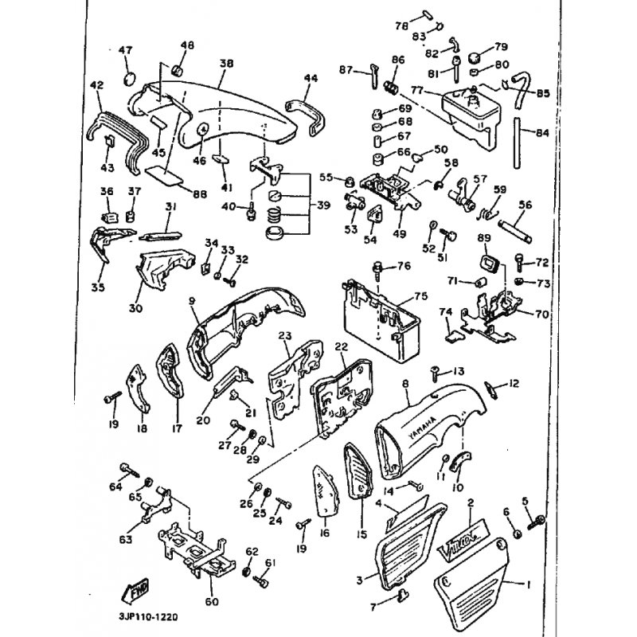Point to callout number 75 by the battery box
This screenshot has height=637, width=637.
pyautogui.click(x=421, y=296)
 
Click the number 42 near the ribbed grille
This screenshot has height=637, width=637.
pyautogui.click(x=97, y=84)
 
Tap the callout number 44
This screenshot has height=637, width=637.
pyautogui.click(x=311, y=77)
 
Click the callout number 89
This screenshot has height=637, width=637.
pyautogui.click(x=483, y=238)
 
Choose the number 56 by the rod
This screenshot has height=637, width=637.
pyautogui.click(x=524, y=205)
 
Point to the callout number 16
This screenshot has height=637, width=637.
pyautogui.click(x=325, y=533)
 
